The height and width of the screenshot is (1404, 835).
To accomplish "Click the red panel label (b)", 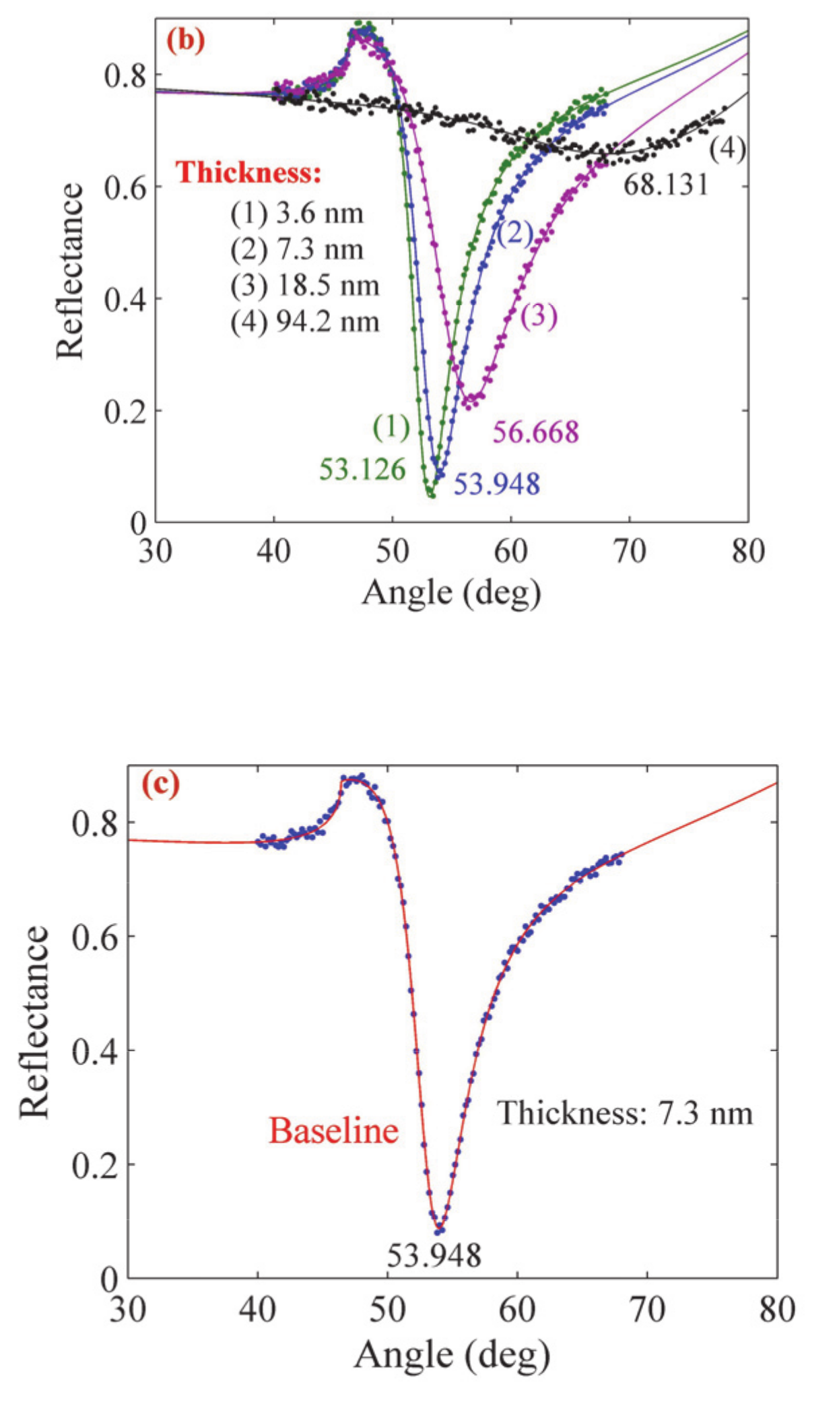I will click(185, 40).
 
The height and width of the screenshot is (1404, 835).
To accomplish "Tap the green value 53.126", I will click(362, 469).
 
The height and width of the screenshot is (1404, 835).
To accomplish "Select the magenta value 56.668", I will click(535, 432).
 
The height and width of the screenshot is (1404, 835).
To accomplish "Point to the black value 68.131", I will click(665, 184).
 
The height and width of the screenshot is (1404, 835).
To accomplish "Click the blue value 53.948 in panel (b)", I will click(496, 484).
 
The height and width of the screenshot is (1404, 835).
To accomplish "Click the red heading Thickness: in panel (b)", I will click(248, 172).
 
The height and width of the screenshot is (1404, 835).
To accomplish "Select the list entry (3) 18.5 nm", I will click(304, 286).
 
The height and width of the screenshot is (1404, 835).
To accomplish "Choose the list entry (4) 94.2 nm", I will click(304, 321).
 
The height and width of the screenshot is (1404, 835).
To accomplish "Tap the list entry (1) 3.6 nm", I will click(296, 214).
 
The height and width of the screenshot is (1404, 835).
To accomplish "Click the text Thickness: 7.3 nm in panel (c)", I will click(624, 1113).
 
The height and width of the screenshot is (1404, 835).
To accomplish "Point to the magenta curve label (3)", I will click(539, 315).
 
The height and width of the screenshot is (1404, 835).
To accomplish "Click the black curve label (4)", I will click(727, 149).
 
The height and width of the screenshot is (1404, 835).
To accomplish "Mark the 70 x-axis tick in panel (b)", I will click(629, 552).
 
